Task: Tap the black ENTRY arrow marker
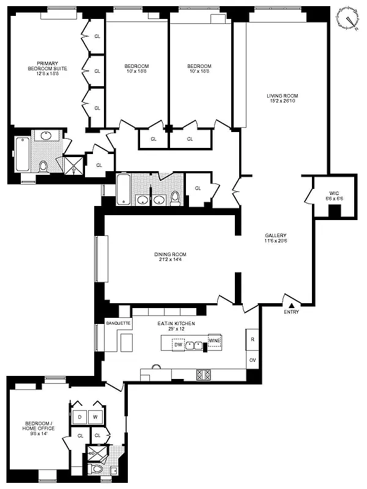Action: click(x=292, y=304)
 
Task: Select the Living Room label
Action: click(x=281, y=95)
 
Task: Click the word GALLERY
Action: click(x=276, y=235)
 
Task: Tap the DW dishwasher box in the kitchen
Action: click(x=179, y=345)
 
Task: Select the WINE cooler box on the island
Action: click(x=214, y=340)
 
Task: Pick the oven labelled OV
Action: click(x=252, y=360)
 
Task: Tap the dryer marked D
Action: click(x=80, y=417)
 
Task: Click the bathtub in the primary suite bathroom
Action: click(x=22, y=155)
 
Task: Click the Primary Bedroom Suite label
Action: click(x=47, y=69)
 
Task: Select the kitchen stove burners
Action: click(x=203, y=374)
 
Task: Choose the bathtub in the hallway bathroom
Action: click(x=122, y=190)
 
